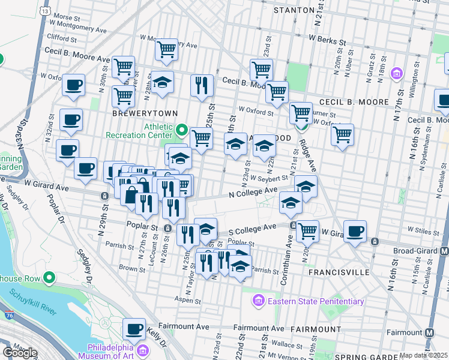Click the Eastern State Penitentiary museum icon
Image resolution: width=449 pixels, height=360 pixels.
click(x=259, y=300)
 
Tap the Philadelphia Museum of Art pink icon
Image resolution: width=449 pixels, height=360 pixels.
click(x=143, y=350)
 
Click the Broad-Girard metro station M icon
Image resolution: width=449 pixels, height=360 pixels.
click(x=444, y=251)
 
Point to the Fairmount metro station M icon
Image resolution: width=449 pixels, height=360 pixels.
click(x=430, y=332)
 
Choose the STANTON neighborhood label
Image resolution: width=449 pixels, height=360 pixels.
click(x=294, y=10)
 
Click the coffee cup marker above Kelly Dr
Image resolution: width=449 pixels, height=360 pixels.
click(x=134, y=329)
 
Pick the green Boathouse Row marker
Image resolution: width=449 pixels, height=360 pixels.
click(x=49, y=278)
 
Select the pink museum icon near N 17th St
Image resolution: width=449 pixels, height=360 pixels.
click(x=396, y=74)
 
